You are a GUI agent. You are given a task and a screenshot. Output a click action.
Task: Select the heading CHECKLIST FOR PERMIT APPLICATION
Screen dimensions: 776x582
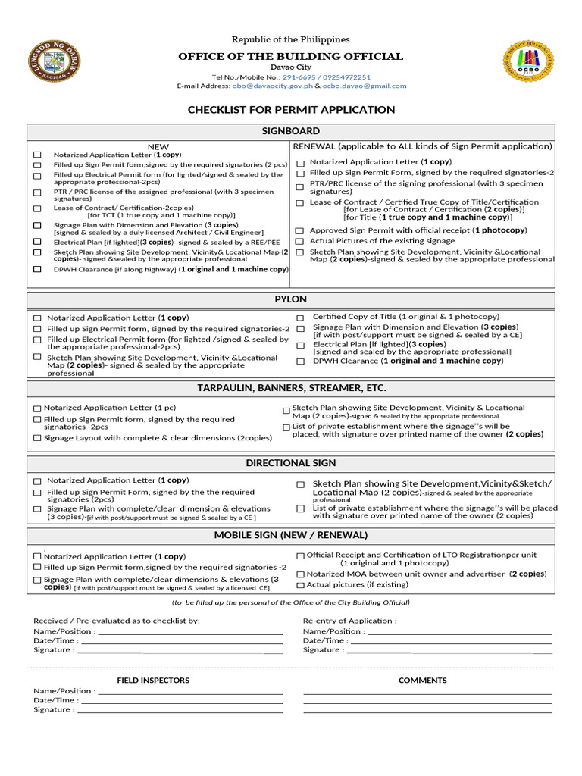[x=291, y=110]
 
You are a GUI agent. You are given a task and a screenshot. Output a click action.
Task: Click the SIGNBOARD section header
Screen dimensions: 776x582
[x=291, y=132]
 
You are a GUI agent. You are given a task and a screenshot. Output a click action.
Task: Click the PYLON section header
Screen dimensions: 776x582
[x=291, y=299]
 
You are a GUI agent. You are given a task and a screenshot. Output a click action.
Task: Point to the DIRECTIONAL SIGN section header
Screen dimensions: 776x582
[x=291, y=463]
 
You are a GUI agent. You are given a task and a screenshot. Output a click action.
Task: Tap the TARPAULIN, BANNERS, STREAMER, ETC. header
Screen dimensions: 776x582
[x=291, y=388]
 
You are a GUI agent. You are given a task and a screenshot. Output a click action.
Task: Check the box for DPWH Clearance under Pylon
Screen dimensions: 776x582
[x=300, y=362]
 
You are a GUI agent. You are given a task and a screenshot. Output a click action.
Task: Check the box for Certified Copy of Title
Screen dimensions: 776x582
[x=300, y=318]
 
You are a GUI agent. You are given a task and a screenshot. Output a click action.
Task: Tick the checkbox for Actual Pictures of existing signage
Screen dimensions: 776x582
[x=300, y=242]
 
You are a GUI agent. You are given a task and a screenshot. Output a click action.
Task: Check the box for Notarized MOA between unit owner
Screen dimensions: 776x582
[x=300, y=574]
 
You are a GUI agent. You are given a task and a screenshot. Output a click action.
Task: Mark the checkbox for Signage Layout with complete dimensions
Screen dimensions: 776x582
[x=37, y=438]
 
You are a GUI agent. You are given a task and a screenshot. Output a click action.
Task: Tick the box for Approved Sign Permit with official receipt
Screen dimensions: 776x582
[x=300, y=230]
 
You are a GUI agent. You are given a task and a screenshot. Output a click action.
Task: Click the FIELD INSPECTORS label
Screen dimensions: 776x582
[x=153, y=681]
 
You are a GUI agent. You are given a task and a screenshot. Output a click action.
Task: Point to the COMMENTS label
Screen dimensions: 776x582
[x=423, y=681]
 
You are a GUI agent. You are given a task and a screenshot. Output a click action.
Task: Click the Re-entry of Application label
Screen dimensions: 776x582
[x=349, y=621]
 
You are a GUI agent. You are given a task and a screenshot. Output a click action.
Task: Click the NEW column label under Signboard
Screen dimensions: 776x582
[x=158, y=147]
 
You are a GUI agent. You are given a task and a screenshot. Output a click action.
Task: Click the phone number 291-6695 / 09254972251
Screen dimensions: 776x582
[x=327, y=77]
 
